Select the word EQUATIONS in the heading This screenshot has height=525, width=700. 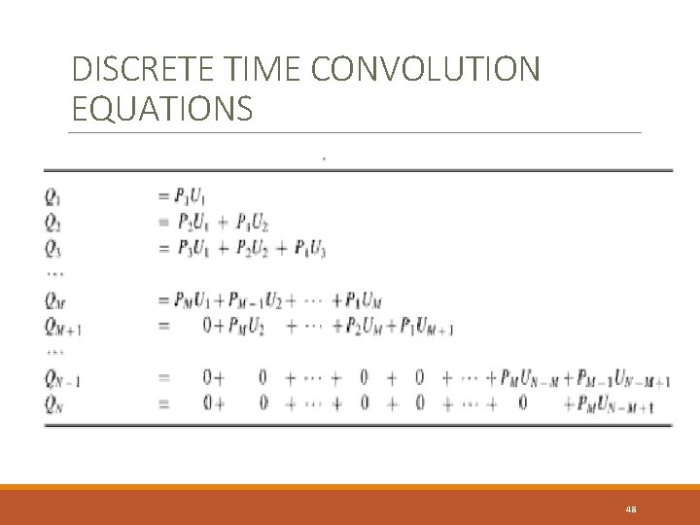[x=162, y=108]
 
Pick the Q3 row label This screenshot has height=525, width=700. [x=52, y=249]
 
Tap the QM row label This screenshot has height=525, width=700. [x=54, y=299]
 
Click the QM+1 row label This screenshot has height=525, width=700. [x=61, y=326]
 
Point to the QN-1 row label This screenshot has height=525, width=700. [x=60, y=378]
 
